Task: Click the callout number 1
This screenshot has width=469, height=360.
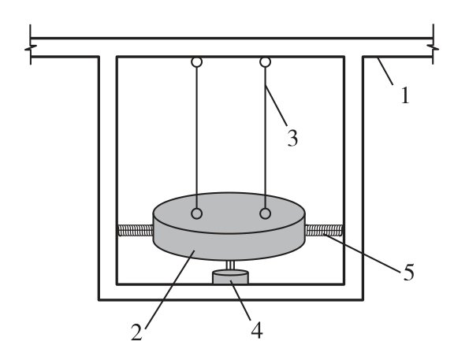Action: (x=405, y=95)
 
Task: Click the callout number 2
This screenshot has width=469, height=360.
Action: (x=136, y=332)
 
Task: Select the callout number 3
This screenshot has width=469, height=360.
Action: (x=292, y=138)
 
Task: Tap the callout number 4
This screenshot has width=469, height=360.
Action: (x=257, y=330)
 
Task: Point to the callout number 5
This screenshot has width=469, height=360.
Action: (x=408, y=272)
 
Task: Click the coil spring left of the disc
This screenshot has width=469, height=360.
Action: (x=136, y=230)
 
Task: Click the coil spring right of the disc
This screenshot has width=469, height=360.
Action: (x=324, y=230)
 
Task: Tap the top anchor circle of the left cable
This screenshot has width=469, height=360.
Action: (x=196, y=62)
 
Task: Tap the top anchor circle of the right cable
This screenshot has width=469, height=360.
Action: (x=266, y=62)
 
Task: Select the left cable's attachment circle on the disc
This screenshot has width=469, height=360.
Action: (x=196, y=213)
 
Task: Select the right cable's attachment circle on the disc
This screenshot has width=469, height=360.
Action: (x=266, y=213)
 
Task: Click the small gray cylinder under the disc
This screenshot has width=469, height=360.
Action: (x=230, y=276)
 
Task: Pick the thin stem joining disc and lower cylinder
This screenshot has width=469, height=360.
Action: (x=230, y=265)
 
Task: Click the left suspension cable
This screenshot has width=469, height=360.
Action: (x=196, y=138)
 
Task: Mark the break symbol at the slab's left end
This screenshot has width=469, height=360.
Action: (x=31, y=48)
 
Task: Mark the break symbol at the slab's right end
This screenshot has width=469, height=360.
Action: (x=433, y=48)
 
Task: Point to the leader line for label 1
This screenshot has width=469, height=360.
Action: (x=385, y=71)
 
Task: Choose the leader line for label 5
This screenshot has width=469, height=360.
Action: (x=363, y=254)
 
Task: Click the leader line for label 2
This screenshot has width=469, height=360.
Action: (x=169, y=290)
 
